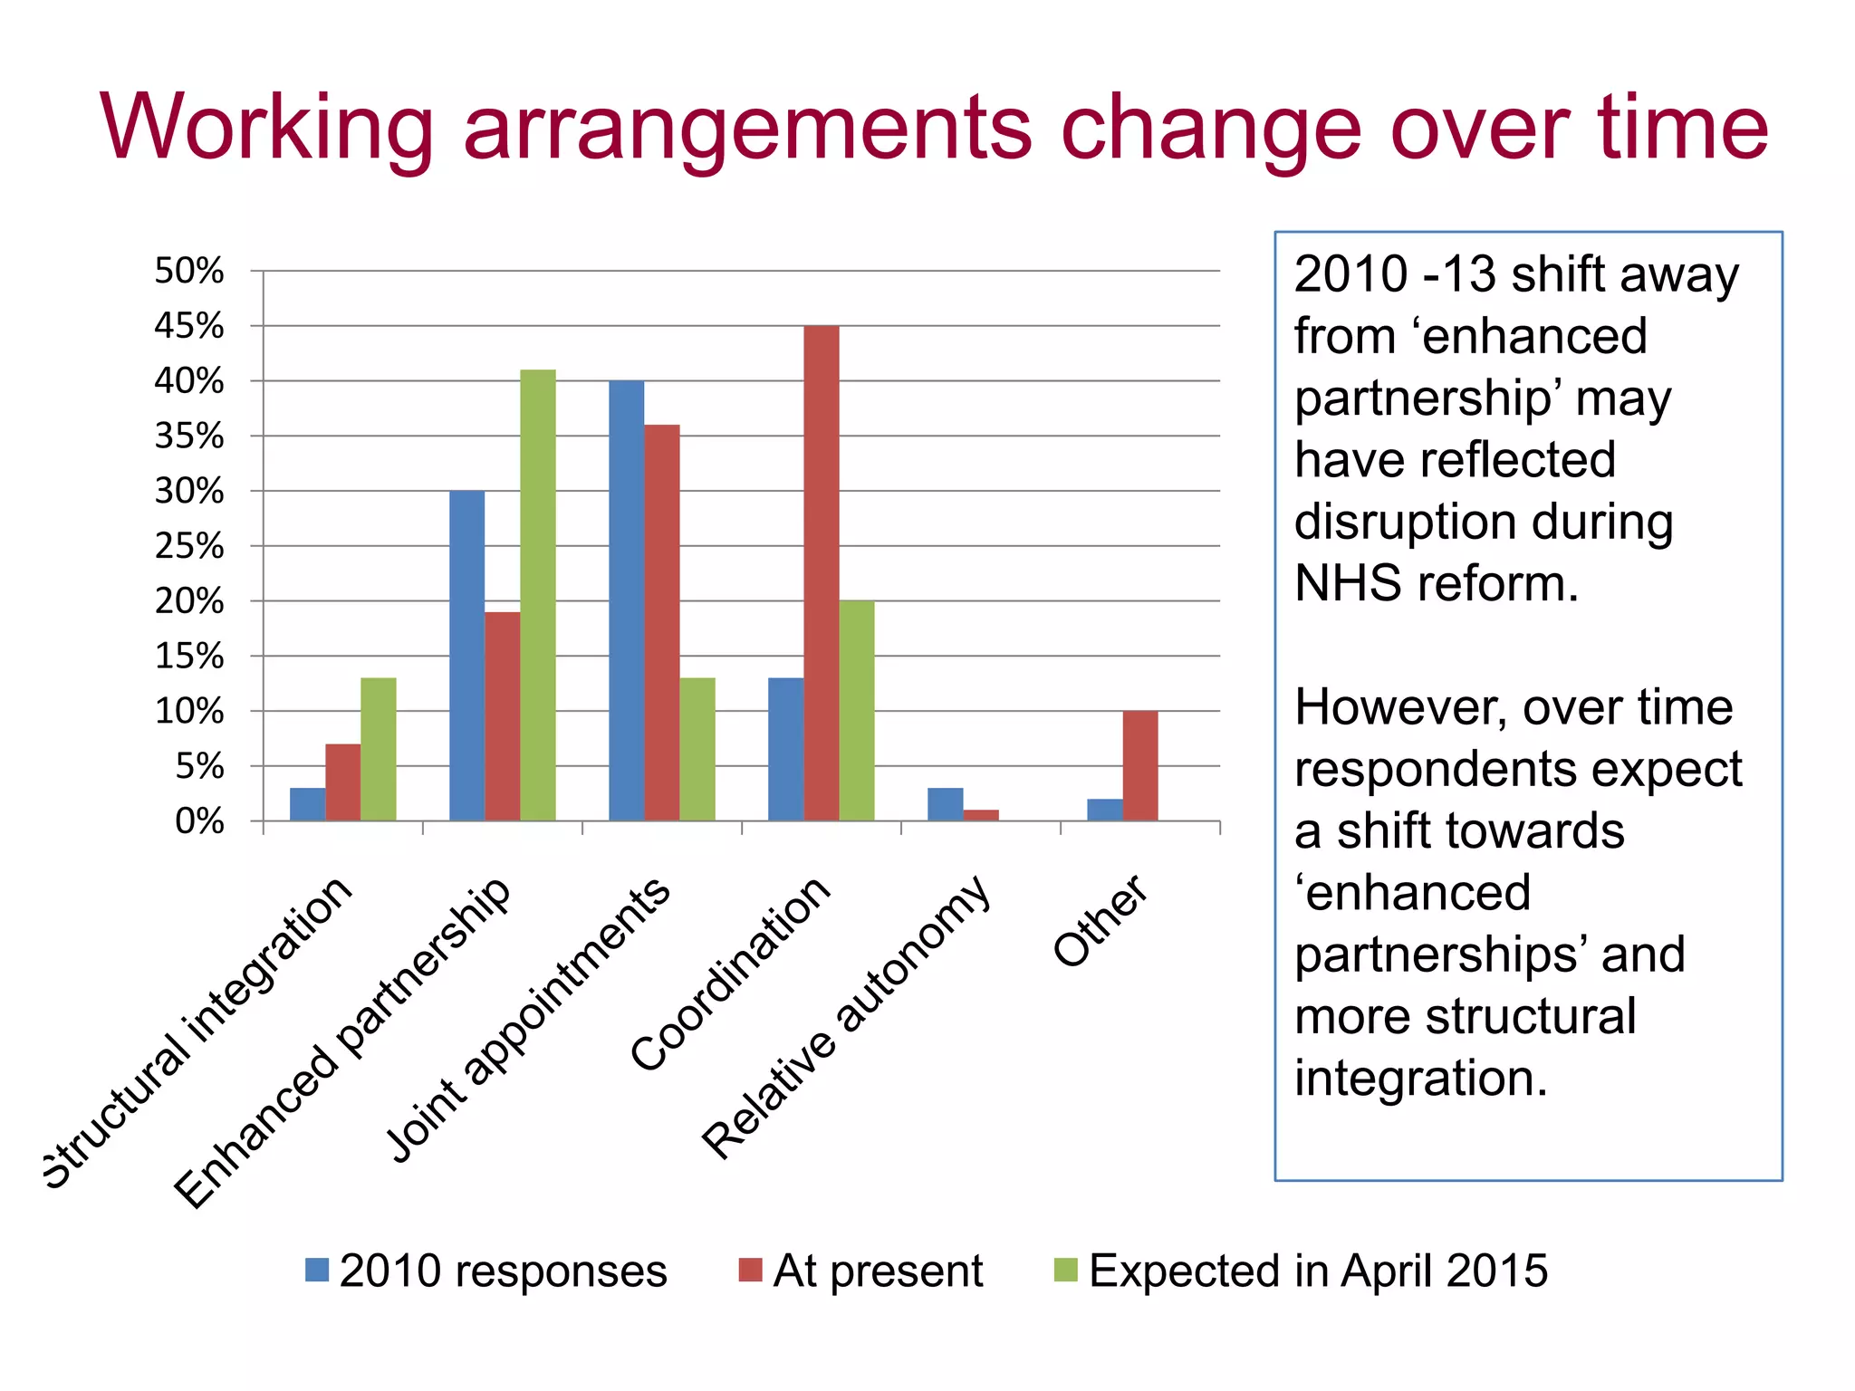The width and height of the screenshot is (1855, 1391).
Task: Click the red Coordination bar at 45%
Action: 821,573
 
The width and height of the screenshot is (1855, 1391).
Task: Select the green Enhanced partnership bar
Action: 537,595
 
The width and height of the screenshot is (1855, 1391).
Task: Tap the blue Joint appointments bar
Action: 626,600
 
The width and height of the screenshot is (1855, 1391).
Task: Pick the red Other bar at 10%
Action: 1139,766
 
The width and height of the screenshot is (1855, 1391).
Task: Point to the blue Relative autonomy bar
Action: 945,804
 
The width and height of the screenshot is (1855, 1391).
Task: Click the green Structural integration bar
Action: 378,749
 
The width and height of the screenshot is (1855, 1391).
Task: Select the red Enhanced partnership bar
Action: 502,716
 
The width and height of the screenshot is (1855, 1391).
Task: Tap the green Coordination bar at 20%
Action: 856,711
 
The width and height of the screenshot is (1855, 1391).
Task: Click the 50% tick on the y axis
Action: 188,271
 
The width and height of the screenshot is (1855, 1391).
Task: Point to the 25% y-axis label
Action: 188,546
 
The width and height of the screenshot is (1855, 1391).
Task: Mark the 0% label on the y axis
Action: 199,821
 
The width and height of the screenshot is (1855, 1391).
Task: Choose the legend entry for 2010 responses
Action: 486,1271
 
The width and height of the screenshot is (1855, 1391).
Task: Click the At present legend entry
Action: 860,1271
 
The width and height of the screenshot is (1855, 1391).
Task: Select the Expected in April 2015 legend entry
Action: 1301,1271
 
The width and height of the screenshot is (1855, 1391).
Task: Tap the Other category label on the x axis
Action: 1101,921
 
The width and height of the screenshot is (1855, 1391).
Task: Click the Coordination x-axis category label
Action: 730,974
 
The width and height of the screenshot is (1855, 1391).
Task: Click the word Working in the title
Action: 267,129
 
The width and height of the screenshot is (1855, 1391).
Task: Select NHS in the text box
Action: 1349,583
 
